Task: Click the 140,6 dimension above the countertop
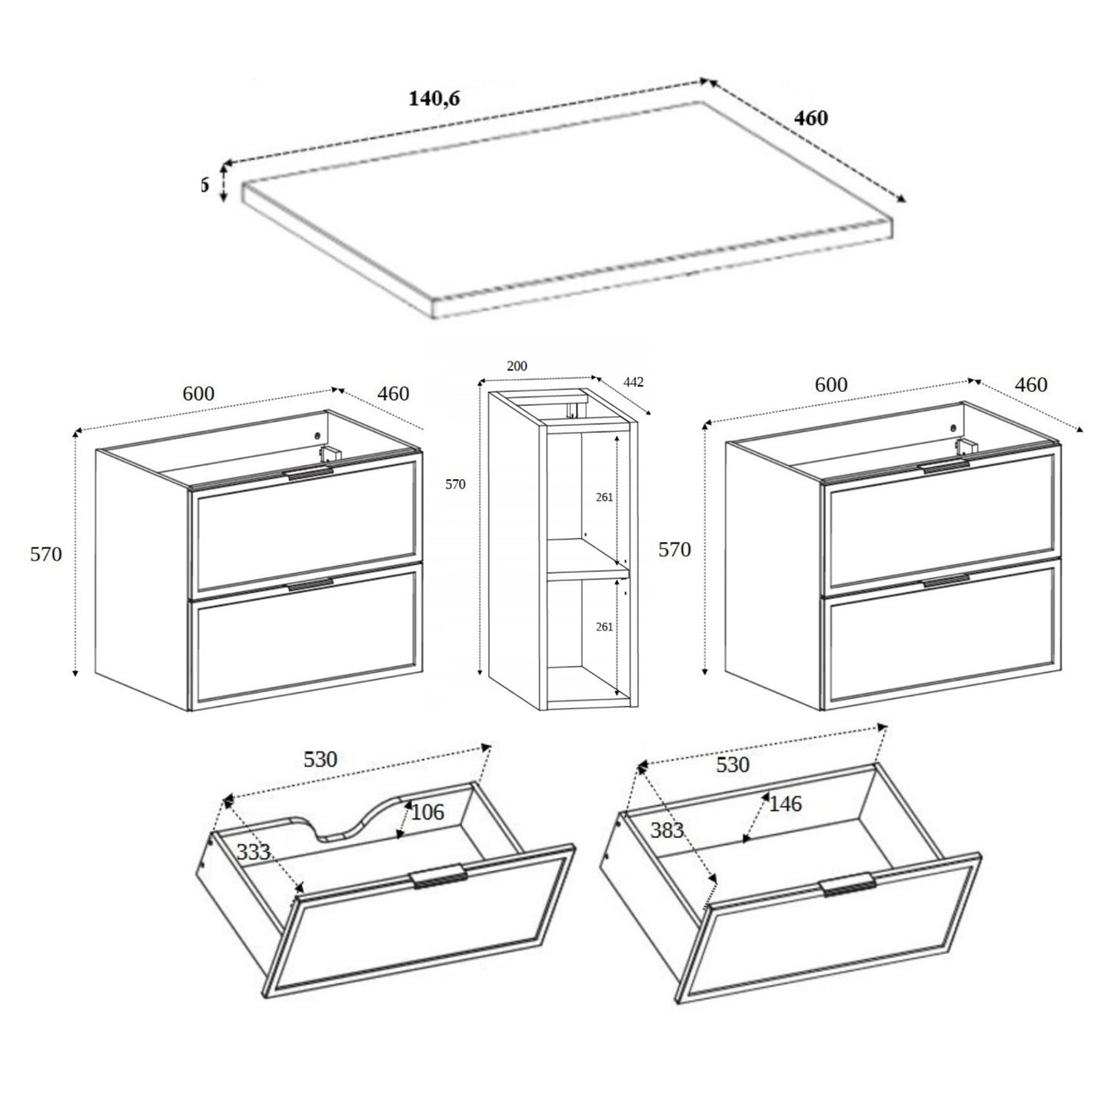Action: (434, 98)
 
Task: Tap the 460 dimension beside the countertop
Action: (810, 118)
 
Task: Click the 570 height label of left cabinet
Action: (46, 554)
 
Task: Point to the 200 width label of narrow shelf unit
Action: (517, 366)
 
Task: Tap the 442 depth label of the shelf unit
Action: (634, 382)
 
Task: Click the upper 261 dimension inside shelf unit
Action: (604, 497)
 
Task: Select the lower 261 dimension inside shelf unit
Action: (604, 627)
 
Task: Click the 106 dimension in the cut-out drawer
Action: (428, 812)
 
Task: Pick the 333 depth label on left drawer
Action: (252, 852)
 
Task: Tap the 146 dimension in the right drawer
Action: (785, 804)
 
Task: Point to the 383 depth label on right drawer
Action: (667, 830)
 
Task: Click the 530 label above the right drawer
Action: (732, 764)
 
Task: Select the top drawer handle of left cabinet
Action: (311, 474)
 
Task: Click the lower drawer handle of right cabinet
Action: (946, 581)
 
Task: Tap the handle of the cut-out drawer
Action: (438, 876)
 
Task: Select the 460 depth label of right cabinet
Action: (1031, 384)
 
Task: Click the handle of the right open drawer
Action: (847, 885)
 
